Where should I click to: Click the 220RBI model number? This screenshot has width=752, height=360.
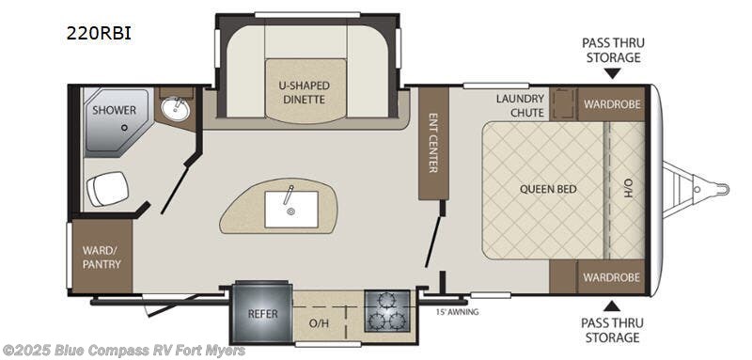(x=99, y=33)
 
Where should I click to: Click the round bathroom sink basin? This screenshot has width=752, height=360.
(x=176, y=109)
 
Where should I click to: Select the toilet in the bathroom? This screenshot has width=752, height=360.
(x=107, y=189)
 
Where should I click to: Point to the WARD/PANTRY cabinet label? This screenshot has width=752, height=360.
(x=102, y=257)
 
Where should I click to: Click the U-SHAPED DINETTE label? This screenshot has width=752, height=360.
(x=305, y=92)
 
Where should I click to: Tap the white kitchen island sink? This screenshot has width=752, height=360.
(x=291, y=209)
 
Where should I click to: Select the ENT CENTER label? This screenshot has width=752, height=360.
(x=432, y=143)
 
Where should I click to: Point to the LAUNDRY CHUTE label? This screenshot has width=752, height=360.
(x=521, y=105)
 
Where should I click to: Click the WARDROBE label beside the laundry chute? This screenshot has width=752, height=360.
(x=611, y=104)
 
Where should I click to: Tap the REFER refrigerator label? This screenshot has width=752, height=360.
(x=263, y=314)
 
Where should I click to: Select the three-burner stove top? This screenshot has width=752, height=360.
(x=387, y=310)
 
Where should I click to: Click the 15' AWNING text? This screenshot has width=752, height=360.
(x=457, y=312)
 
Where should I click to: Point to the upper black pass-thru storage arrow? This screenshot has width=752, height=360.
(x=613, y=73)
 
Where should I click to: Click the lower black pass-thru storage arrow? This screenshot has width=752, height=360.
(x=612, y=305)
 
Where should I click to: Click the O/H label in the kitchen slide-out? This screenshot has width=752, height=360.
(x=318, y=322)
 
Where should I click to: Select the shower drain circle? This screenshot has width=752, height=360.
(x=124, y=128)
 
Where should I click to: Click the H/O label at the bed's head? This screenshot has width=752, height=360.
(x=629, y=189)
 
